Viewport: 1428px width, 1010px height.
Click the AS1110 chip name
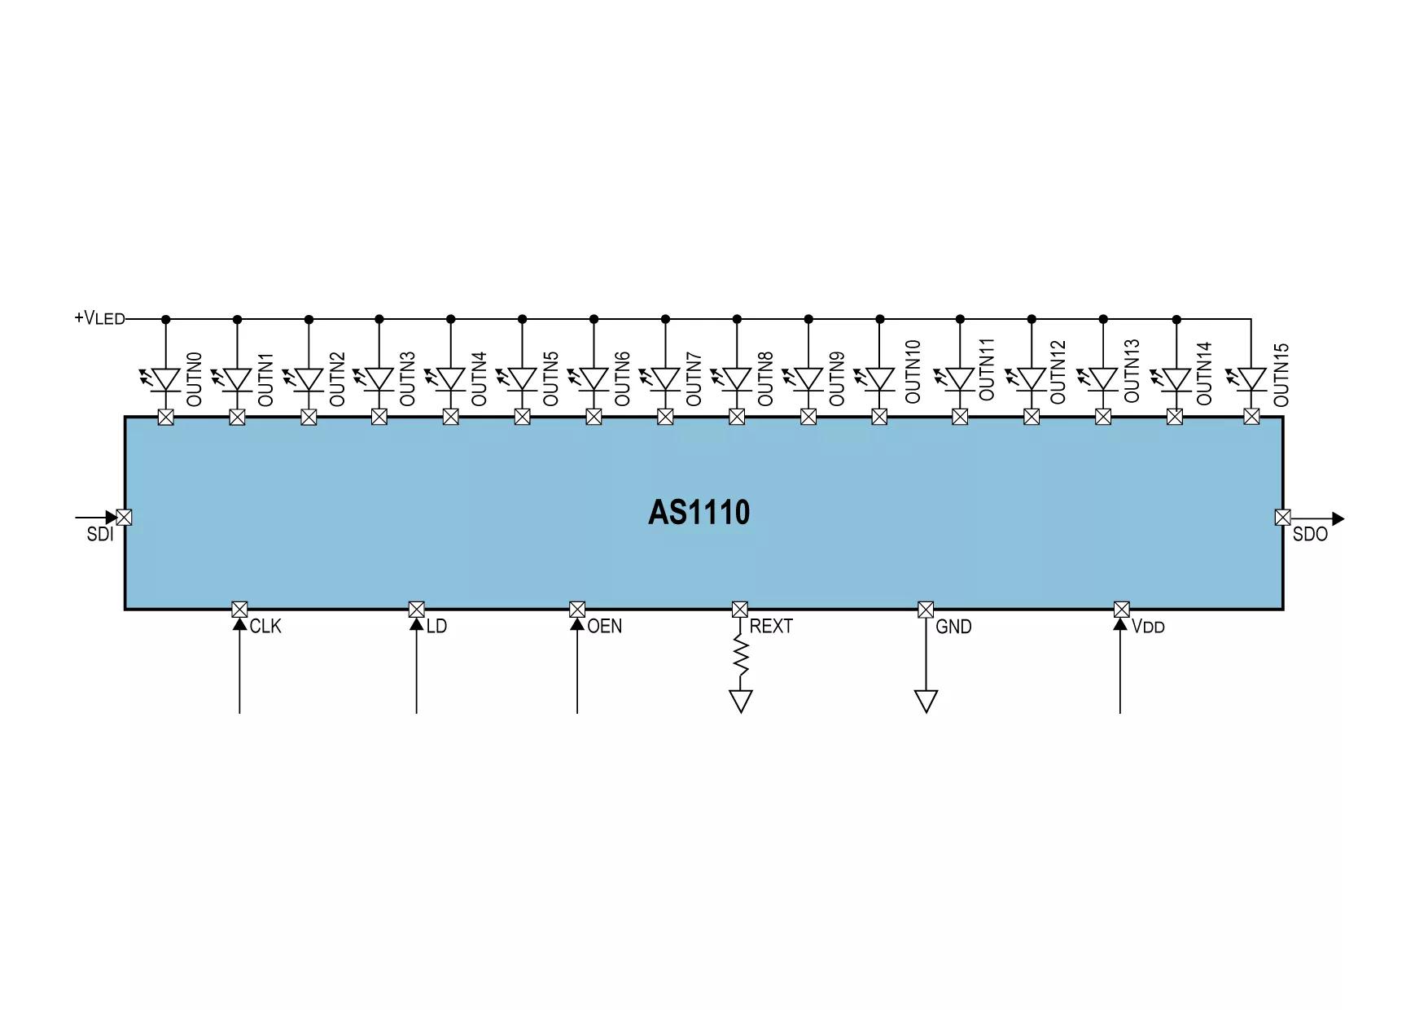699,513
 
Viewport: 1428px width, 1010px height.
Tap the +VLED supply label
100,318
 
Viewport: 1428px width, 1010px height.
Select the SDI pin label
100,535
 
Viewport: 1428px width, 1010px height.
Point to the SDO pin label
1310,535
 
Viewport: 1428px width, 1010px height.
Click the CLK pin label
265,626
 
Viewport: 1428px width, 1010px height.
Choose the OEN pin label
604,626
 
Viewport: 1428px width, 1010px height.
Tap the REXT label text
771,626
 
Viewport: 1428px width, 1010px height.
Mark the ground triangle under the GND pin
926,701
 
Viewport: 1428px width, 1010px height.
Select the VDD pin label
1148,627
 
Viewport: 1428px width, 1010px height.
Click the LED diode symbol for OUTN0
165,379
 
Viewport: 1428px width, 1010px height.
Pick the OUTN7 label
694,379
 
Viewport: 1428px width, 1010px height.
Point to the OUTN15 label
1281,374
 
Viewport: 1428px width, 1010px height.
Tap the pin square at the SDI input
125,517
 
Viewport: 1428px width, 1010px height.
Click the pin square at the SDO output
1282,517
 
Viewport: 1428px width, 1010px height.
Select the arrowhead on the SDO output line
1338,518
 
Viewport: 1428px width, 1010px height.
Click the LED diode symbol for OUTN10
879,379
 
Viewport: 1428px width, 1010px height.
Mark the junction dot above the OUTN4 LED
451,319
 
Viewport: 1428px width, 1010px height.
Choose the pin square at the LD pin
416,609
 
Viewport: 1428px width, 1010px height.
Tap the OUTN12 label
1058,372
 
